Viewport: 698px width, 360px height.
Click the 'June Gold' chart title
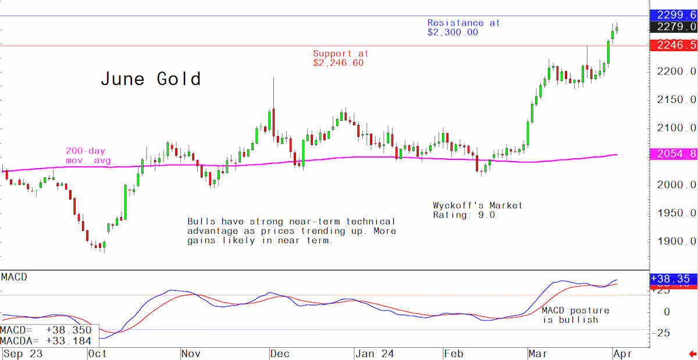pos(151,79)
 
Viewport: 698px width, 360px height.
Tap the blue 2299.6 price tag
pos(674,15)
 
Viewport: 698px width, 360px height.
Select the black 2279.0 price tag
pos(674,27)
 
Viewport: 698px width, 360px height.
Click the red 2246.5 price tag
pos(674,45)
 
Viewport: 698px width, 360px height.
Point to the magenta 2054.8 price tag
pos(674,154)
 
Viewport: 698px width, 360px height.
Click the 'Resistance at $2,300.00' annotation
pos(464,27)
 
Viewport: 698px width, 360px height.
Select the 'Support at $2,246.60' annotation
pos(341,58)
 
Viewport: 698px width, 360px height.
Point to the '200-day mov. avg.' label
pos(90,155)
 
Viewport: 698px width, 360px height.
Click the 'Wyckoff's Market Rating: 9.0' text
pos(478,210)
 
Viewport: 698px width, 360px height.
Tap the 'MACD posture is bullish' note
pos(575,315)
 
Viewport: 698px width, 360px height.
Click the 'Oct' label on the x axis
pos(97,354)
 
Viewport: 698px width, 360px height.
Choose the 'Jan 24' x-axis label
pos(375,354)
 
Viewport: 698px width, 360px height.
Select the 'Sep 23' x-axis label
pos(23,354)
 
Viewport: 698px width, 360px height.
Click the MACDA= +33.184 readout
pos(46,341)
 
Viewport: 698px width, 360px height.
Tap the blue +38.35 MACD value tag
pos(674,279)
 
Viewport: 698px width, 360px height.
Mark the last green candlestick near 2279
pos(617,29)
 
